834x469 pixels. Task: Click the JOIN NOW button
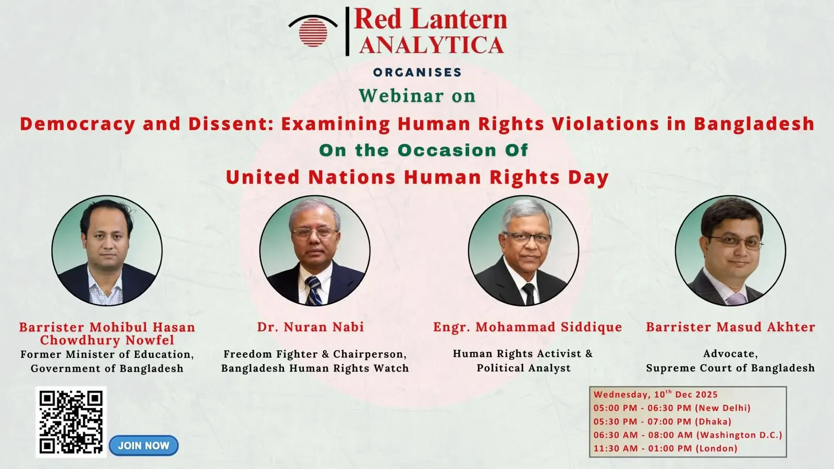(144, 446)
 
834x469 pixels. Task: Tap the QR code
(71, 422)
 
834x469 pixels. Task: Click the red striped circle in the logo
(313, 32)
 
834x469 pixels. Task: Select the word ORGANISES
(418, 72)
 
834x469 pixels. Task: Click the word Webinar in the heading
(401, 96)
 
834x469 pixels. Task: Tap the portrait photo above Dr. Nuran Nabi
(315, 251)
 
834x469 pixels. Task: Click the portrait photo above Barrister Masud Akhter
(730, 251)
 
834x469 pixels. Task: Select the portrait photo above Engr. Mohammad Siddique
(523, 251)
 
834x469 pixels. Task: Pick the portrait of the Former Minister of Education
(107, 251)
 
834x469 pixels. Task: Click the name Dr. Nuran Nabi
(311, 327)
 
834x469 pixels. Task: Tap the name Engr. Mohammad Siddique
(528, 327)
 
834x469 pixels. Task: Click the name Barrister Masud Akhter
(730, 327)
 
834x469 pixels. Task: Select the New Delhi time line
(672, 408)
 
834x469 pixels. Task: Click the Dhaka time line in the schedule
(663, 422)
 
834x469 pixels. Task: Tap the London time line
(665, 448)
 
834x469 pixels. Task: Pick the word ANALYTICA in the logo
(431, 45)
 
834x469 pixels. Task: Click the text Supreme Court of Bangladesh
(730, 368)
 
